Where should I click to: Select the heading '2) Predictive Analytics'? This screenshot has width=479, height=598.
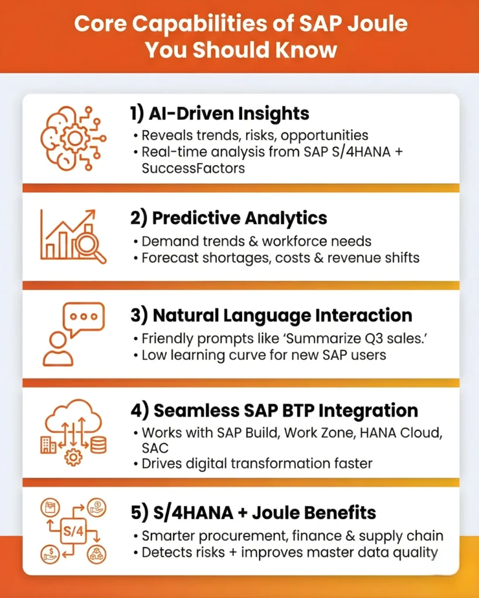(228, 218)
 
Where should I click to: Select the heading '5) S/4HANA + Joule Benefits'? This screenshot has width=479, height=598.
(253, 513)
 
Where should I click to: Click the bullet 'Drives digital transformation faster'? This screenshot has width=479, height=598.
(256, 464)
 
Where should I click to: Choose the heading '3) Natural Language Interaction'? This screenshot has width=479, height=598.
(271, 315)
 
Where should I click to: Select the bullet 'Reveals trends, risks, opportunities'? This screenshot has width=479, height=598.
(254, 135)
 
